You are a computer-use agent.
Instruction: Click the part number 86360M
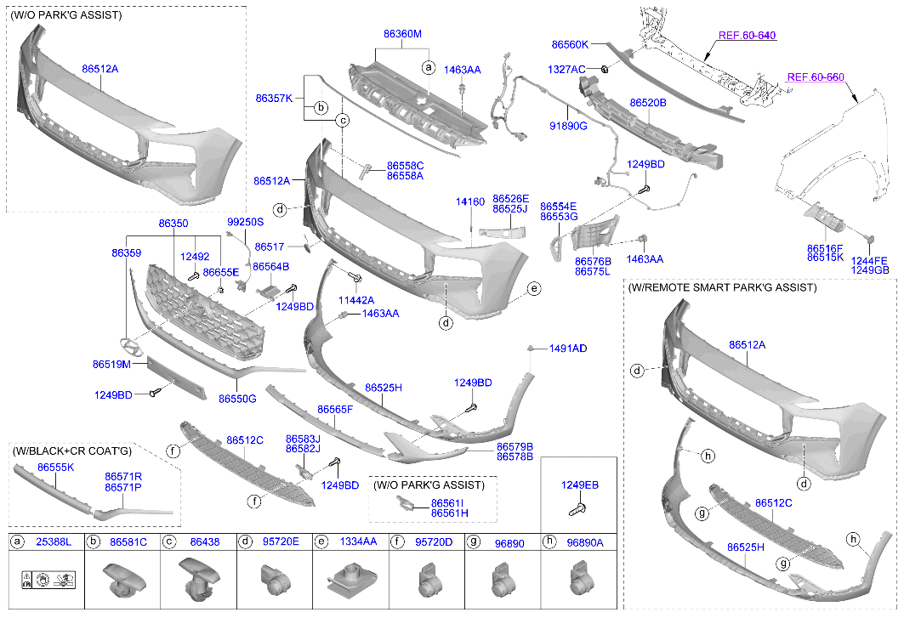(x=402, y=34)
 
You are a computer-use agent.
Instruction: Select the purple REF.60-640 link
(x=747, y=36)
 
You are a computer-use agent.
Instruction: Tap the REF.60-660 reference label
(x=815, y=77)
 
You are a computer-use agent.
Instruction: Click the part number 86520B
(x=647, y=103)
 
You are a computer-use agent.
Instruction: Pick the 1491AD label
(x=567, y=349)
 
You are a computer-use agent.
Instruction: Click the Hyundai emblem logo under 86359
(x=128, y=347)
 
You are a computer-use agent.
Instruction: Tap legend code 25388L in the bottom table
(x=54, y=541)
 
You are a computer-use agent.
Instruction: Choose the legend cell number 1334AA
(x=359, y=541)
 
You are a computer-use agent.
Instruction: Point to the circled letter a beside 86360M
(x=429, y=66)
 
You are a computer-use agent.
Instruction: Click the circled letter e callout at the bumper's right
(x=534, y=289)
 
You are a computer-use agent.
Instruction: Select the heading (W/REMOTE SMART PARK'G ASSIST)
(x=722, y=288)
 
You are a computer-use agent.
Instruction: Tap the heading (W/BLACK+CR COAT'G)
(x=72, y=451)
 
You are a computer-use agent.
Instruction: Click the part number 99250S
(x=245, y=222)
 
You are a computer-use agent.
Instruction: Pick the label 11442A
(x=355, y=300)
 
